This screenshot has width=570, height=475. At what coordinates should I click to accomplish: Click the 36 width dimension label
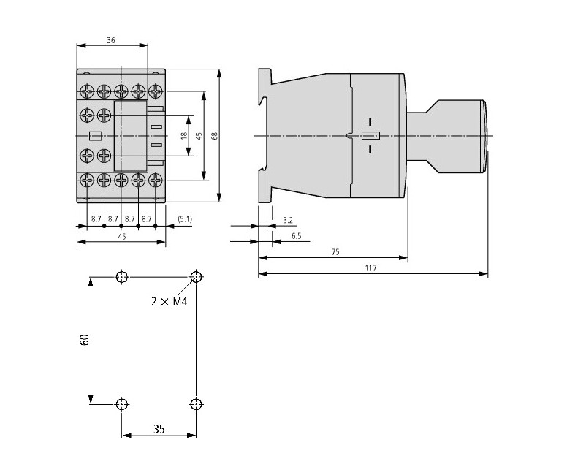[x=110, y=41]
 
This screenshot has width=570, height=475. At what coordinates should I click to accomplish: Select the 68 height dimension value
[x=214, y=136]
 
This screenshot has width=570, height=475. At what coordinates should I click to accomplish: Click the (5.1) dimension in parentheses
[x=185, y=218]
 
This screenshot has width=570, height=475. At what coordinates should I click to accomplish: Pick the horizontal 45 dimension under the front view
[x=121, y=236]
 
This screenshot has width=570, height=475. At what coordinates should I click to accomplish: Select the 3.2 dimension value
[x=287, y=219]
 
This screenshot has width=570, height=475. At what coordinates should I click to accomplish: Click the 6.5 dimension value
[x=296, y=236]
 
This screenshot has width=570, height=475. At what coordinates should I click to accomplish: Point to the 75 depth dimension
[x=335, y=251]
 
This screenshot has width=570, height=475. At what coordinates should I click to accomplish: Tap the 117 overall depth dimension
[x=371, y=268]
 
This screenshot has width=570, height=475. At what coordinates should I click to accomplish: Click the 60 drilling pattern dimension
[x=85, y=340]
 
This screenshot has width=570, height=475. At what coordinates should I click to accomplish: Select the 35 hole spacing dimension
[x=159, y=429]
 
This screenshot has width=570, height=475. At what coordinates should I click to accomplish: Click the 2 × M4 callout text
[x=170, y=301]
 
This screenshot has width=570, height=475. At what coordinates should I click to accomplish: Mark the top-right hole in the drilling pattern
[x=195, y=277]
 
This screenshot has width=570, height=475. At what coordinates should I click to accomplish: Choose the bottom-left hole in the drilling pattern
[x=121, y=403]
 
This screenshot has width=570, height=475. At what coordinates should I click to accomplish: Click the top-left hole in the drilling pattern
[x=121, y=277]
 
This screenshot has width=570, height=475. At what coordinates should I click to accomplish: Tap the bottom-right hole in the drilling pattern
[x=195, y=403]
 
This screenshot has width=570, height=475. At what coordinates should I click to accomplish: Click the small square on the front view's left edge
[x=94, y=135]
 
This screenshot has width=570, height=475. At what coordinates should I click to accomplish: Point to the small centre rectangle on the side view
[x=370, y=135]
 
